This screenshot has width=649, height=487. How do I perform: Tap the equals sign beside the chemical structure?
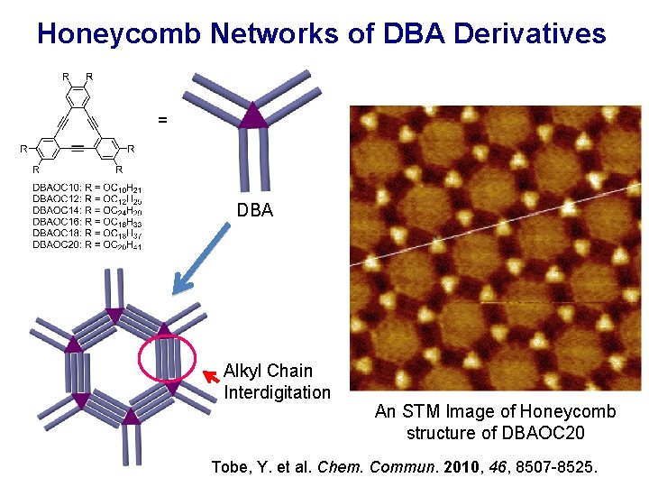click(162, 118)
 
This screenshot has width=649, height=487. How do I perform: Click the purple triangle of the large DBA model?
click(254, 114)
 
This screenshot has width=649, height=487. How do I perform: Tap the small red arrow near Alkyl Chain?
click(212, 375)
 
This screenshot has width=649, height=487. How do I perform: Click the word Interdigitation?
click(277, 392)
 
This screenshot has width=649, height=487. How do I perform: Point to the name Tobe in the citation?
click(229, 467)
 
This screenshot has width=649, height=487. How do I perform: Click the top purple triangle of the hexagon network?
click(114, 315)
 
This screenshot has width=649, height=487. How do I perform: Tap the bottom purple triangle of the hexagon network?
click(132, 417)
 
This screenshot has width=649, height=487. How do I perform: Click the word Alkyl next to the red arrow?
click(243, 371)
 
